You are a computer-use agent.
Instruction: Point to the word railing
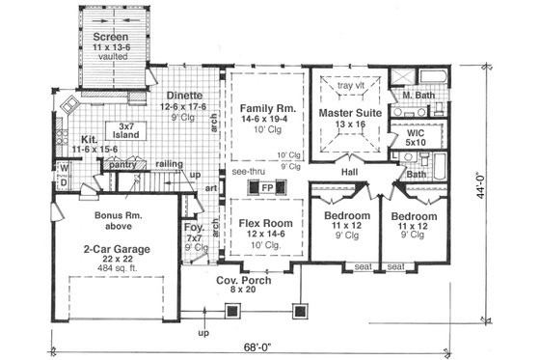(170, 165)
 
